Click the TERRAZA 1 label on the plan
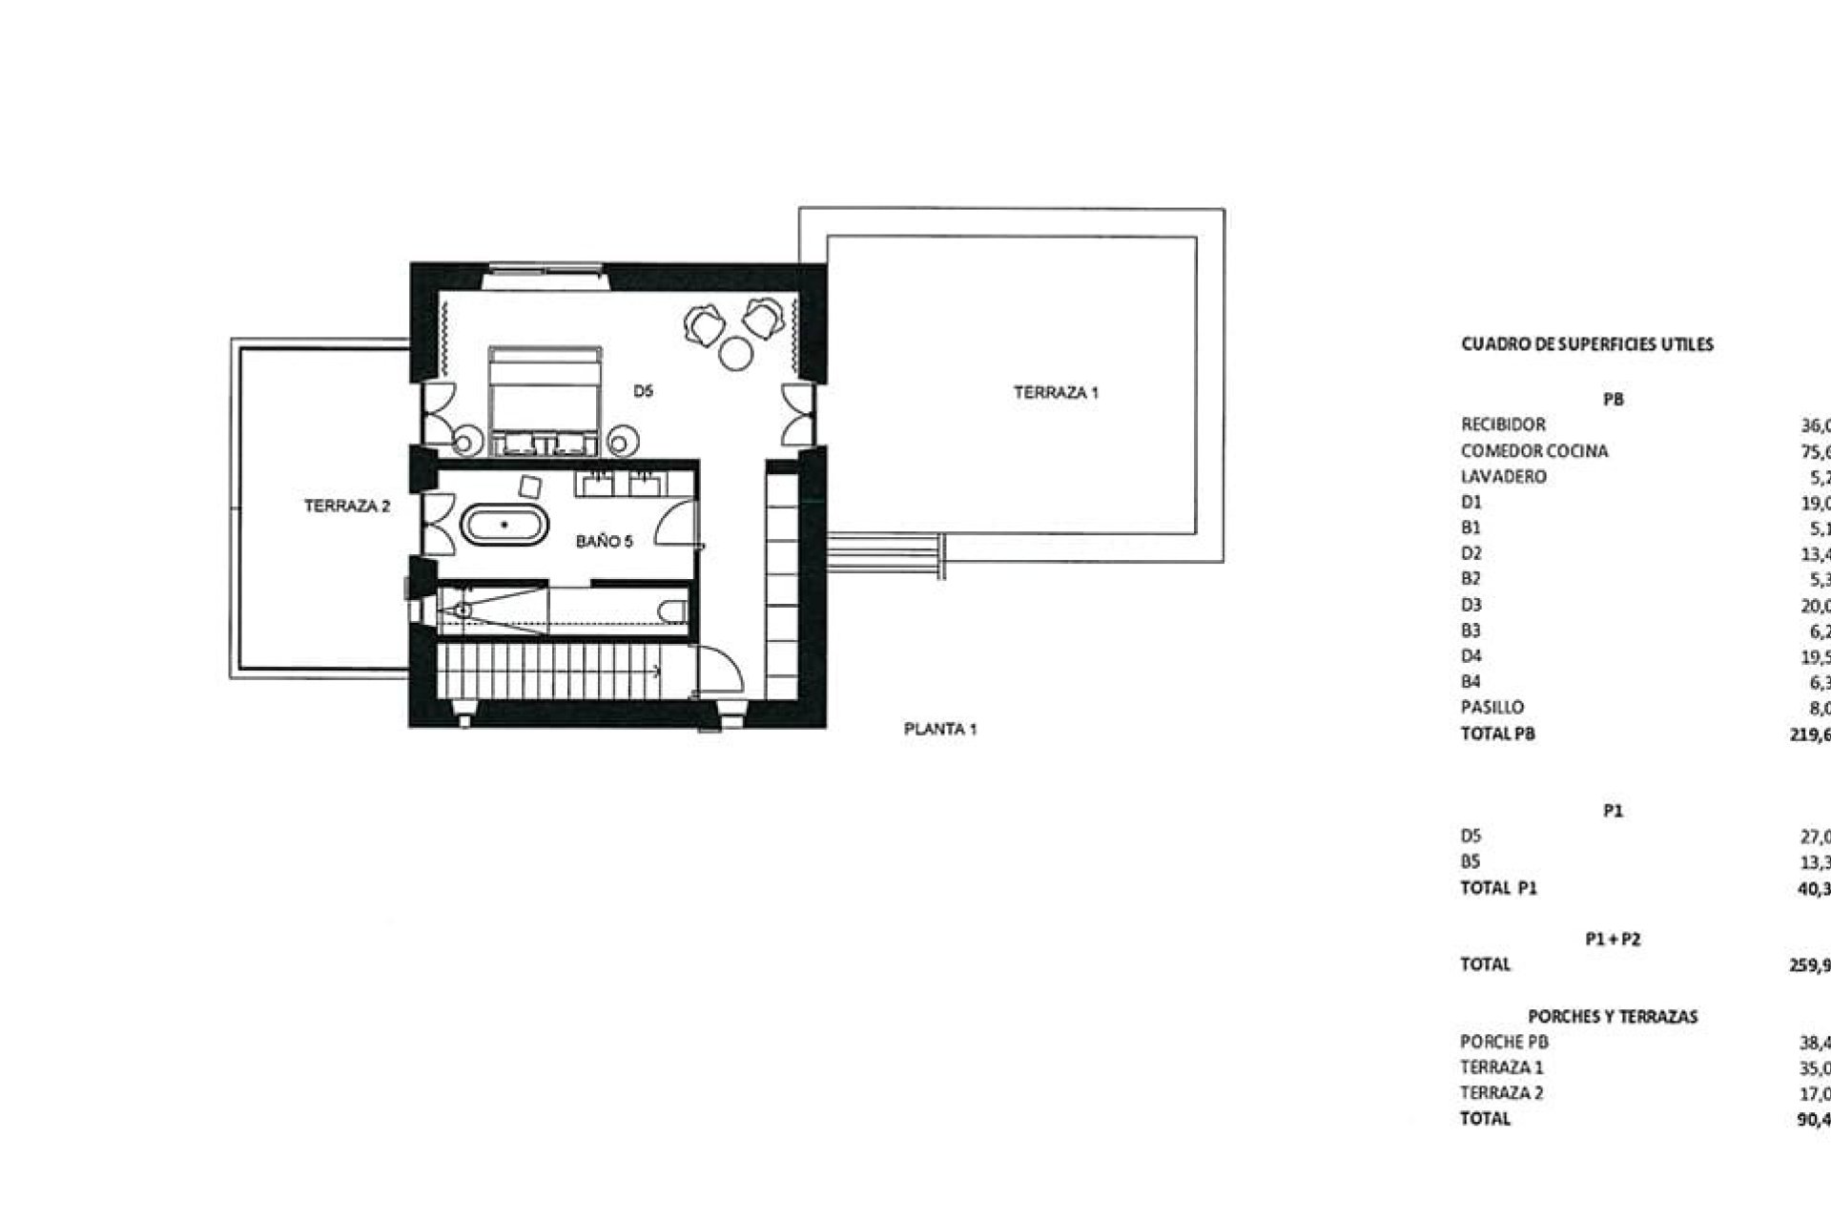[1056, 392]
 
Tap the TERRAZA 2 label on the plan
[347, 507]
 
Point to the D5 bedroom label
[643, 390]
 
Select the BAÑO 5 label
[604, 542]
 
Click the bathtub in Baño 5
[504, 526]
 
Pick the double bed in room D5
[545, 401]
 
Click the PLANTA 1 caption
[940, 730]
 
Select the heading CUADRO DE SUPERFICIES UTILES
[1587, 344]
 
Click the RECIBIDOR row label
[1503, 424]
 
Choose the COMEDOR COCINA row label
[1533, 451]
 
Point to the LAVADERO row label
[1503, 477]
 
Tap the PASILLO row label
[1492, 708]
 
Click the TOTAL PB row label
[1497, 734]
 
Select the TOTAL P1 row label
[1498, 888]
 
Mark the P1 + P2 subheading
[1613, 940]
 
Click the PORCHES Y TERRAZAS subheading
[1613, 1017]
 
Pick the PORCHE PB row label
[1504, 1043]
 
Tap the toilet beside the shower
[674, 610]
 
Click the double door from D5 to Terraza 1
[798, 415]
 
